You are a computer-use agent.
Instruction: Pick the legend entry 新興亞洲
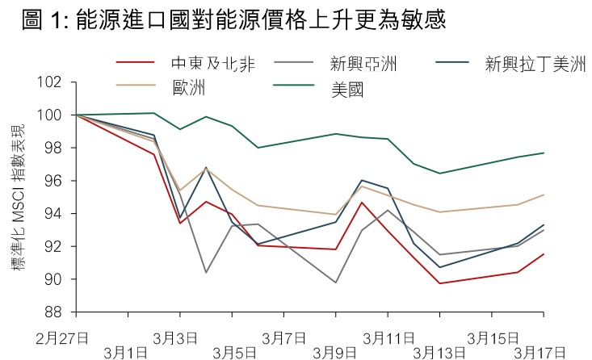point(363,64)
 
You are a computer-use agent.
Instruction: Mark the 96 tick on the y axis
point(53,181)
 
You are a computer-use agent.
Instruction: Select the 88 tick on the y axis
point(53,312)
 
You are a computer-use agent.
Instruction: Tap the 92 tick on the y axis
point(53,246)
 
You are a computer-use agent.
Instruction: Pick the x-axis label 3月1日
point(126,352)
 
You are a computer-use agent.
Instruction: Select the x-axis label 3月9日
point(334,352)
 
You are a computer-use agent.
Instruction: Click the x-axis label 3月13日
point(439,352)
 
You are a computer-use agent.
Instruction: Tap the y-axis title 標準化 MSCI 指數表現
point(17,198)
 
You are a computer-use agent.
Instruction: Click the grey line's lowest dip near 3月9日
point(335,283)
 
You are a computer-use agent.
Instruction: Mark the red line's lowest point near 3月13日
point(440,283)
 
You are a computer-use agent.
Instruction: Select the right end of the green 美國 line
point(544,153)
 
